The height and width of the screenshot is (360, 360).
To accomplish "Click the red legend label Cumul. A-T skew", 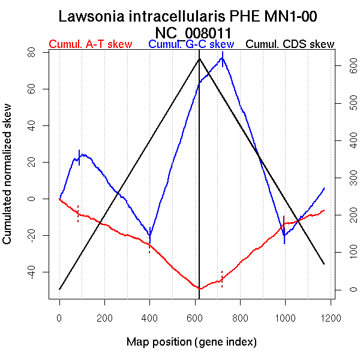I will click(89, 44).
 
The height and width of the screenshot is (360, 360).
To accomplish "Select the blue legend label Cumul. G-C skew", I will click(191, 44).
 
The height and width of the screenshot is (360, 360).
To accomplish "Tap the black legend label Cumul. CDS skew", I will click(290, 44).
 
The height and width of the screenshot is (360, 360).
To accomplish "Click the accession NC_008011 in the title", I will click(193, 32).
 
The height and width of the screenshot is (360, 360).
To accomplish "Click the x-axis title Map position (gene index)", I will click(191, 342).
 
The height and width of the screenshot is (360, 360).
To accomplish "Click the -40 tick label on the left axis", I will click(31, 272).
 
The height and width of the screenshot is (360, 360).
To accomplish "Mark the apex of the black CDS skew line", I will click(199, 58).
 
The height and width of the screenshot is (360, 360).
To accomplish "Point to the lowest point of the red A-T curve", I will click(199, 289).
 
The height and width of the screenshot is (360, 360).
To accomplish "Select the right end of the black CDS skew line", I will click(324, 264).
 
